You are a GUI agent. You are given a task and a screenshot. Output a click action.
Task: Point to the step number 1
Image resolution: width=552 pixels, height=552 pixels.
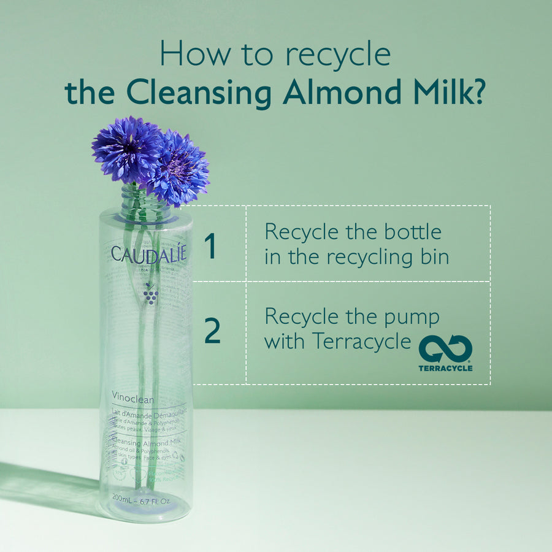point(210,245)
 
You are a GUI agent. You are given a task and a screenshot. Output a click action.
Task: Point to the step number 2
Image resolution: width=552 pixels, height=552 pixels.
point(212,331)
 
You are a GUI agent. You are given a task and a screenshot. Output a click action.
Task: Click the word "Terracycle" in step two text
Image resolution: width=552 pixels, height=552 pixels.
point(362,341)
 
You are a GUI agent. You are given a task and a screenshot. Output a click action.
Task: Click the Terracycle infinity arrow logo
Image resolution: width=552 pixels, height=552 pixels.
point(445,350)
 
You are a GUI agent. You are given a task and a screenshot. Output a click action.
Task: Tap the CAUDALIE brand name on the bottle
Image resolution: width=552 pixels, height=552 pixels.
point(148,253)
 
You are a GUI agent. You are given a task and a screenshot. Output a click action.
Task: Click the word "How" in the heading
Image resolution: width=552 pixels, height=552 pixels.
point(186,55)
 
